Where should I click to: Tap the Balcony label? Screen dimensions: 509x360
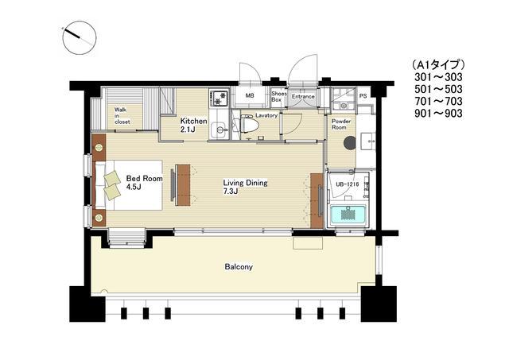239,267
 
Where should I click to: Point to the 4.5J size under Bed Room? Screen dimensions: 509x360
133,187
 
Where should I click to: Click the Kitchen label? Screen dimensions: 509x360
194,122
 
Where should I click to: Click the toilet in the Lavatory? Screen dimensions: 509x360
249,122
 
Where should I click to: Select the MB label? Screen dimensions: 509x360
250,96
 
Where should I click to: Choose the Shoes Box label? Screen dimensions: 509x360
279,97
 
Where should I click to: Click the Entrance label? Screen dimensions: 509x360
303,97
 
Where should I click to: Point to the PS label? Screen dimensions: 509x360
363,96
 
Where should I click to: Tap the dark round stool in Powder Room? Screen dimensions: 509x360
350,143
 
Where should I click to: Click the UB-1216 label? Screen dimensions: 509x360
348,184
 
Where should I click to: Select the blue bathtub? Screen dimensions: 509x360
348,215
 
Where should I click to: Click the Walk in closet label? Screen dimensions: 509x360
122,116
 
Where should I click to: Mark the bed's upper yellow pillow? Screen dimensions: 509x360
112,178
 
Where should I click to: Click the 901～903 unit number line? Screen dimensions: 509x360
438,113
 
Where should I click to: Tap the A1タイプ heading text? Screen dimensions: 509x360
438,64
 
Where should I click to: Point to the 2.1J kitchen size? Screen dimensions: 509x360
188,130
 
